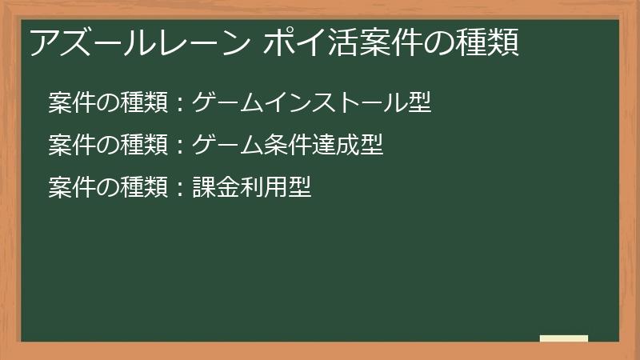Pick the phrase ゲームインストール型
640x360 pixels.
click(x=312, y=102)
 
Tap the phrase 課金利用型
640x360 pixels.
click(x=252, y=187)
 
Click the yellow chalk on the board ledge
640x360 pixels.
click(x=563, y=338)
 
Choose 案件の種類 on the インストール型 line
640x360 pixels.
click(x=108, y=102)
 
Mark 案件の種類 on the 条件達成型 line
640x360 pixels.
click(x=108, y=145)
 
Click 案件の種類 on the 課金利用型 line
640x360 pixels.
click(x=108, y=187)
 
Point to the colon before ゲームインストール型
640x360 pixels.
click(x=180, y=102)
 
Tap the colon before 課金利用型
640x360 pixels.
click(x=180, y=187)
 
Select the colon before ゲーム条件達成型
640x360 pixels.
click(x=180, y=145)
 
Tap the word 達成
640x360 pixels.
click(x=336, y=145)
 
